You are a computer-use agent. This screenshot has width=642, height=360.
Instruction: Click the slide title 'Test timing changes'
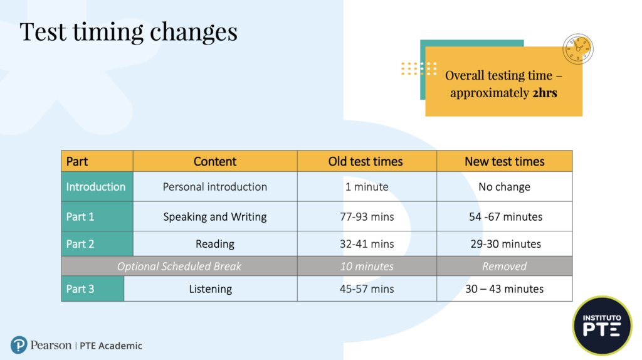pyautogui.click(x=129, y=33)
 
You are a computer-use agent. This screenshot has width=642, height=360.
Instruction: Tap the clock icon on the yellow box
pyautogui.click(x=577, y=49)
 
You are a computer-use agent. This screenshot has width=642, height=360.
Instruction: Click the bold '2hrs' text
pyautogui.click(x=545, y=93)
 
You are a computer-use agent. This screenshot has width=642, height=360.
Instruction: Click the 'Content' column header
pyautogui.click(x=215, y=161)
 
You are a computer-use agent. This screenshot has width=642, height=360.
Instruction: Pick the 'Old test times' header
pyautogui.click(x=366, y=161)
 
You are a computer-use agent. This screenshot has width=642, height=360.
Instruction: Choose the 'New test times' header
pyautogui.click(x=505, y=161)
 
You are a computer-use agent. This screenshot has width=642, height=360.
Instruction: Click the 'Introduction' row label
pyautogui.click(x=96, y=187)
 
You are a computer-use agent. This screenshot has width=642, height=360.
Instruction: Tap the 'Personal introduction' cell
pyautogui.click(x=215, y=187)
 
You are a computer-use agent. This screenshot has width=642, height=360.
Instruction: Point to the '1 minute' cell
pyautogui.click(x=367, y=187)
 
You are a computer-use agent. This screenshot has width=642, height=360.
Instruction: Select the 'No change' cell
pyautogui.click(x=505, y=187)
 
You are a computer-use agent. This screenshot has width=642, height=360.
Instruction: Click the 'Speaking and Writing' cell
pyautogui.click(x=215, y=216)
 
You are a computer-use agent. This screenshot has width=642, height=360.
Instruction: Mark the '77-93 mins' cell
pyautogui.click(x=367, y=216)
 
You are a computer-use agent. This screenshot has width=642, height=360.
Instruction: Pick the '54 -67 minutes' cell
pyautogui.click(x=506, y=216)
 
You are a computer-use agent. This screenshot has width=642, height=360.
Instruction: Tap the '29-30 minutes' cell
pyautogui.click(x=506, y=244)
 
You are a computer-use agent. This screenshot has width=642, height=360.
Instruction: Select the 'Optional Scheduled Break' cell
pyautogui.click(x=179, y=266)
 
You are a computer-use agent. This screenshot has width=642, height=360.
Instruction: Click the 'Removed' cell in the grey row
pyautogui.click(x=505, y=266)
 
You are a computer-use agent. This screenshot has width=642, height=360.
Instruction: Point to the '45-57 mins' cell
pyautogui.click(x=367, y=289)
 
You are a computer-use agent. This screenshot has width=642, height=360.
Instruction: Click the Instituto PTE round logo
pyautogui.click(x=602, y=326)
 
